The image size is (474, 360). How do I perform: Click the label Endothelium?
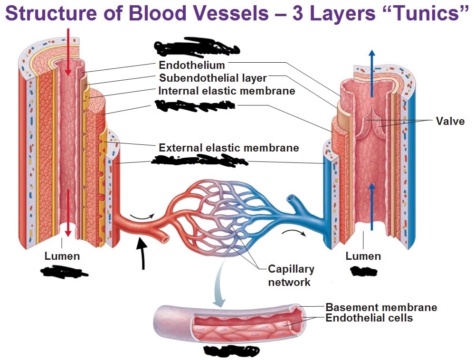click(192, 65)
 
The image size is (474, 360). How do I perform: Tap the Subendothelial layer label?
click(213, 78)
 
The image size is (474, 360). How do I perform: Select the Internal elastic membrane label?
click(227, 91)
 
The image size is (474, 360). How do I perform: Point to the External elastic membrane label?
click(228, 148)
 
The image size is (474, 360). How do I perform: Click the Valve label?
click(450, 121)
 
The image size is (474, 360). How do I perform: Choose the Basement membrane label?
click(381, 307)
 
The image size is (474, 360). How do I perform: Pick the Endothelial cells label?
click(369, 318)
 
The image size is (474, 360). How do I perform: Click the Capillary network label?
click(291, 275)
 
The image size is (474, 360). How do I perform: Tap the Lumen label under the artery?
click(62, 256)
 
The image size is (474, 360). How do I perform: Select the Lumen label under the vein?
click(363, 256)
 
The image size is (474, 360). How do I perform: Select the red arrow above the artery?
click(68, 50)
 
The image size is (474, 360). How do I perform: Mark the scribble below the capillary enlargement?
click(231, 351)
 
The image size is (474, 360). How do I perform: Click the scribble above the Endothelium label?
click(196, 48)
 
